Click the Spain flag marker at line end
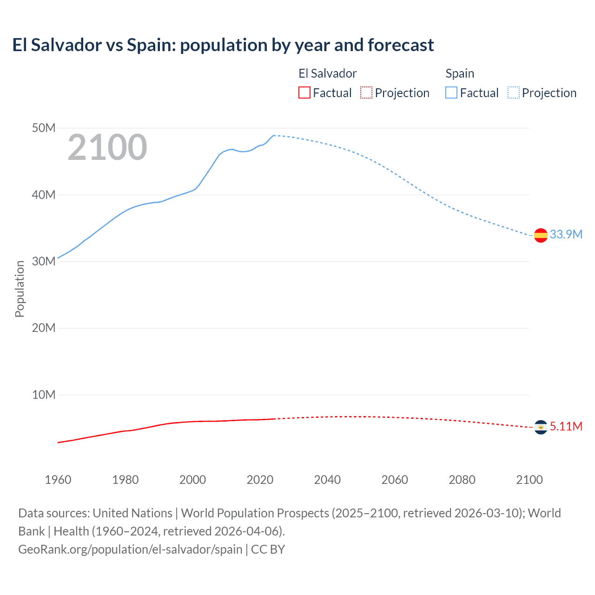[541, 235]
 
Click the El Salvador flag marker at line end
[541, 427]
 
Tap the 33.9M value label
[566, 234]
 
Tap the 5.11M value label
[566, 426]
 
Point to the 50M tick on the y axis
[44, 128]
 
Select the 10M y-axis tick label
[44, 395]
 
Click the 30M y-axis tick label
[44, 261]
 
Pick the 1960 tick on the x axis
[58, 480]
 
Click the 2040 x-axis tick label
[327, 480]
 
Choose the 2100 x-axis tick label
[529, 480]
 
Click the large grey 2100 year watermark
[107, 147]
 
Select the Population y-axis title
[20, 289]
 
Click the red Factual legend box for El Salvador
[304, 93]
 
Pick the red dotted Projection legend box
[366, 93]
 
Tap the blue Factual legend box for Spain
[451, 93]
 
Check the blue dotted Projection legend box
[513, 93]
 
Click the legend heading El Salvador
[327, 73]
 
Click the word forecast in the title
[401, 45]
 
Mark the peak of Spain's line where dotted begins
[274, 135]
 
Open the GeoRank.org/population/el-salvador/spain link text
[130, 549]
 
